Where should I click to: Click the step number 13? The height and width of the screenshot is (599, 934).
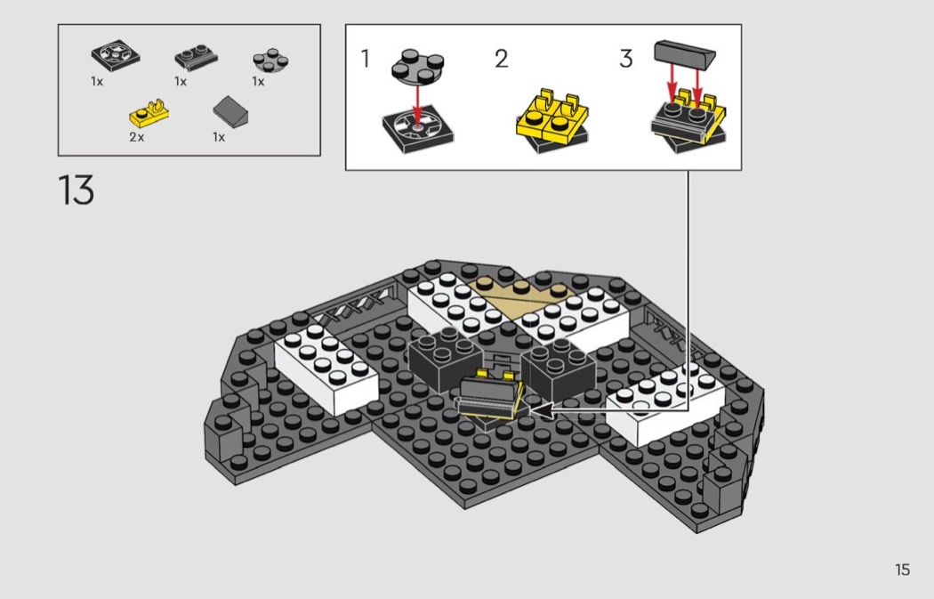(76, 190)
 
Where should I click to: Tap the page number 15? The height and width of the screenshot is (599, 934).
(903, 570)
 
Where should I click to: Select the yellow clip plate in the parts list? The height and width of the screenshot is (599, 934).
(149, 113)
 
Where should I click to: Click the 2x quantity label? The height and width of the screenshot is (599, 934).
(136, 137)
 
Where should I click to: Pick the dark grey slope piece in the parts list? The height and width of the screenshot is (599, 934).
(230, 111)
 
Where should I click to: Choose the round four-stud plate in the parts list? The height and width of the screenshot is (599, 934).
(270, 61)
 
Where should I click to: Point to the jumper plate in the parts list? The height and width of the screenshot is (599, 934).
(196, 58)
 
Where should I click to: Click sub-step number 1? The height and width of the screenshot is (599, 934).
(365, 59)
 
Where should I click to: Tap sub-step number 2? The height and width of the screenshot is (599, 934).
(502, 59)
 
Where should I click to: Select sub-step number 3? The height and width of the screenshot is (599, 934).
(625, 59)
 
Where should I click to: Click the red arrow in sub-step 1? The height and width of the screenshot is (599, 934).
(416, 104)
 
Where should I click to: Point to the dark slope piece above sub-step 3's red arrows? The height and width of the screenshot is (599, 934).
(684, 53)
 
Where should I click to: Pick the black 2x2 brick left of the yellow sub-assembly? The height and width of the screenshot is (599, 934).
(446, 360)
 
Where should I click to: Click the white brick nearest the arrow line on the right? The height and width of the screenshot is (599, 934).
(664, 404)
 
